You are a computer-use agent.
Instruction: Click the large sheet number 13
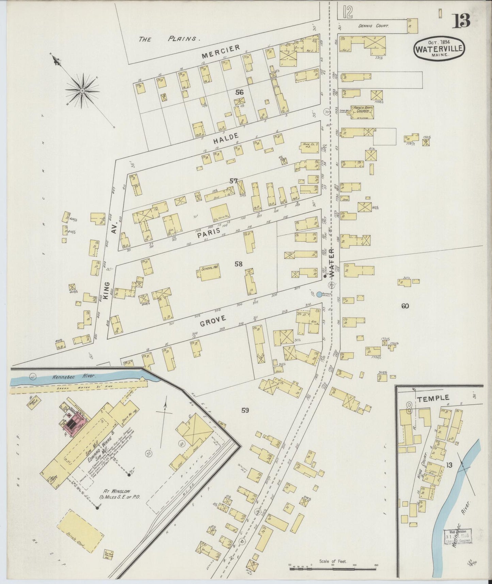tap(461, 21)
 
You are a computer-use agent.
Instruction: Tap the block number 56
tap(239, 92)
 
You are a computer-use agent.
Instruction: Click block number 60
tap(404, 306)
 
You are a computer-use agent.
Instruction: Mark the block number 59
tap(245, 410)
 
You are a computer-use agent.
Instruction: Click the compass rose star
tap(82, 91)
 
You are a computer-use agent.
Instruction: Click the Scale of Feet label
tap(333, 561)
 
